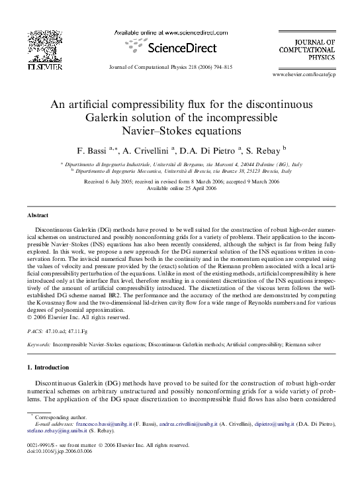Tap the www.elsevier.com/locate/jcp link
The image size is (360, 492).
tap(313, 77)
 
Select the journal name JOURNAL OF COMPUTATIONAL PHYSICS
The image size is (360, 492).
tap(316, 49)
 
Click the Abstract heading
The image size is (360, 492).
tap(37, 216)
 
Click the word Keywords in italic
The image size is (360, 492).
tap(38, 344)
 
